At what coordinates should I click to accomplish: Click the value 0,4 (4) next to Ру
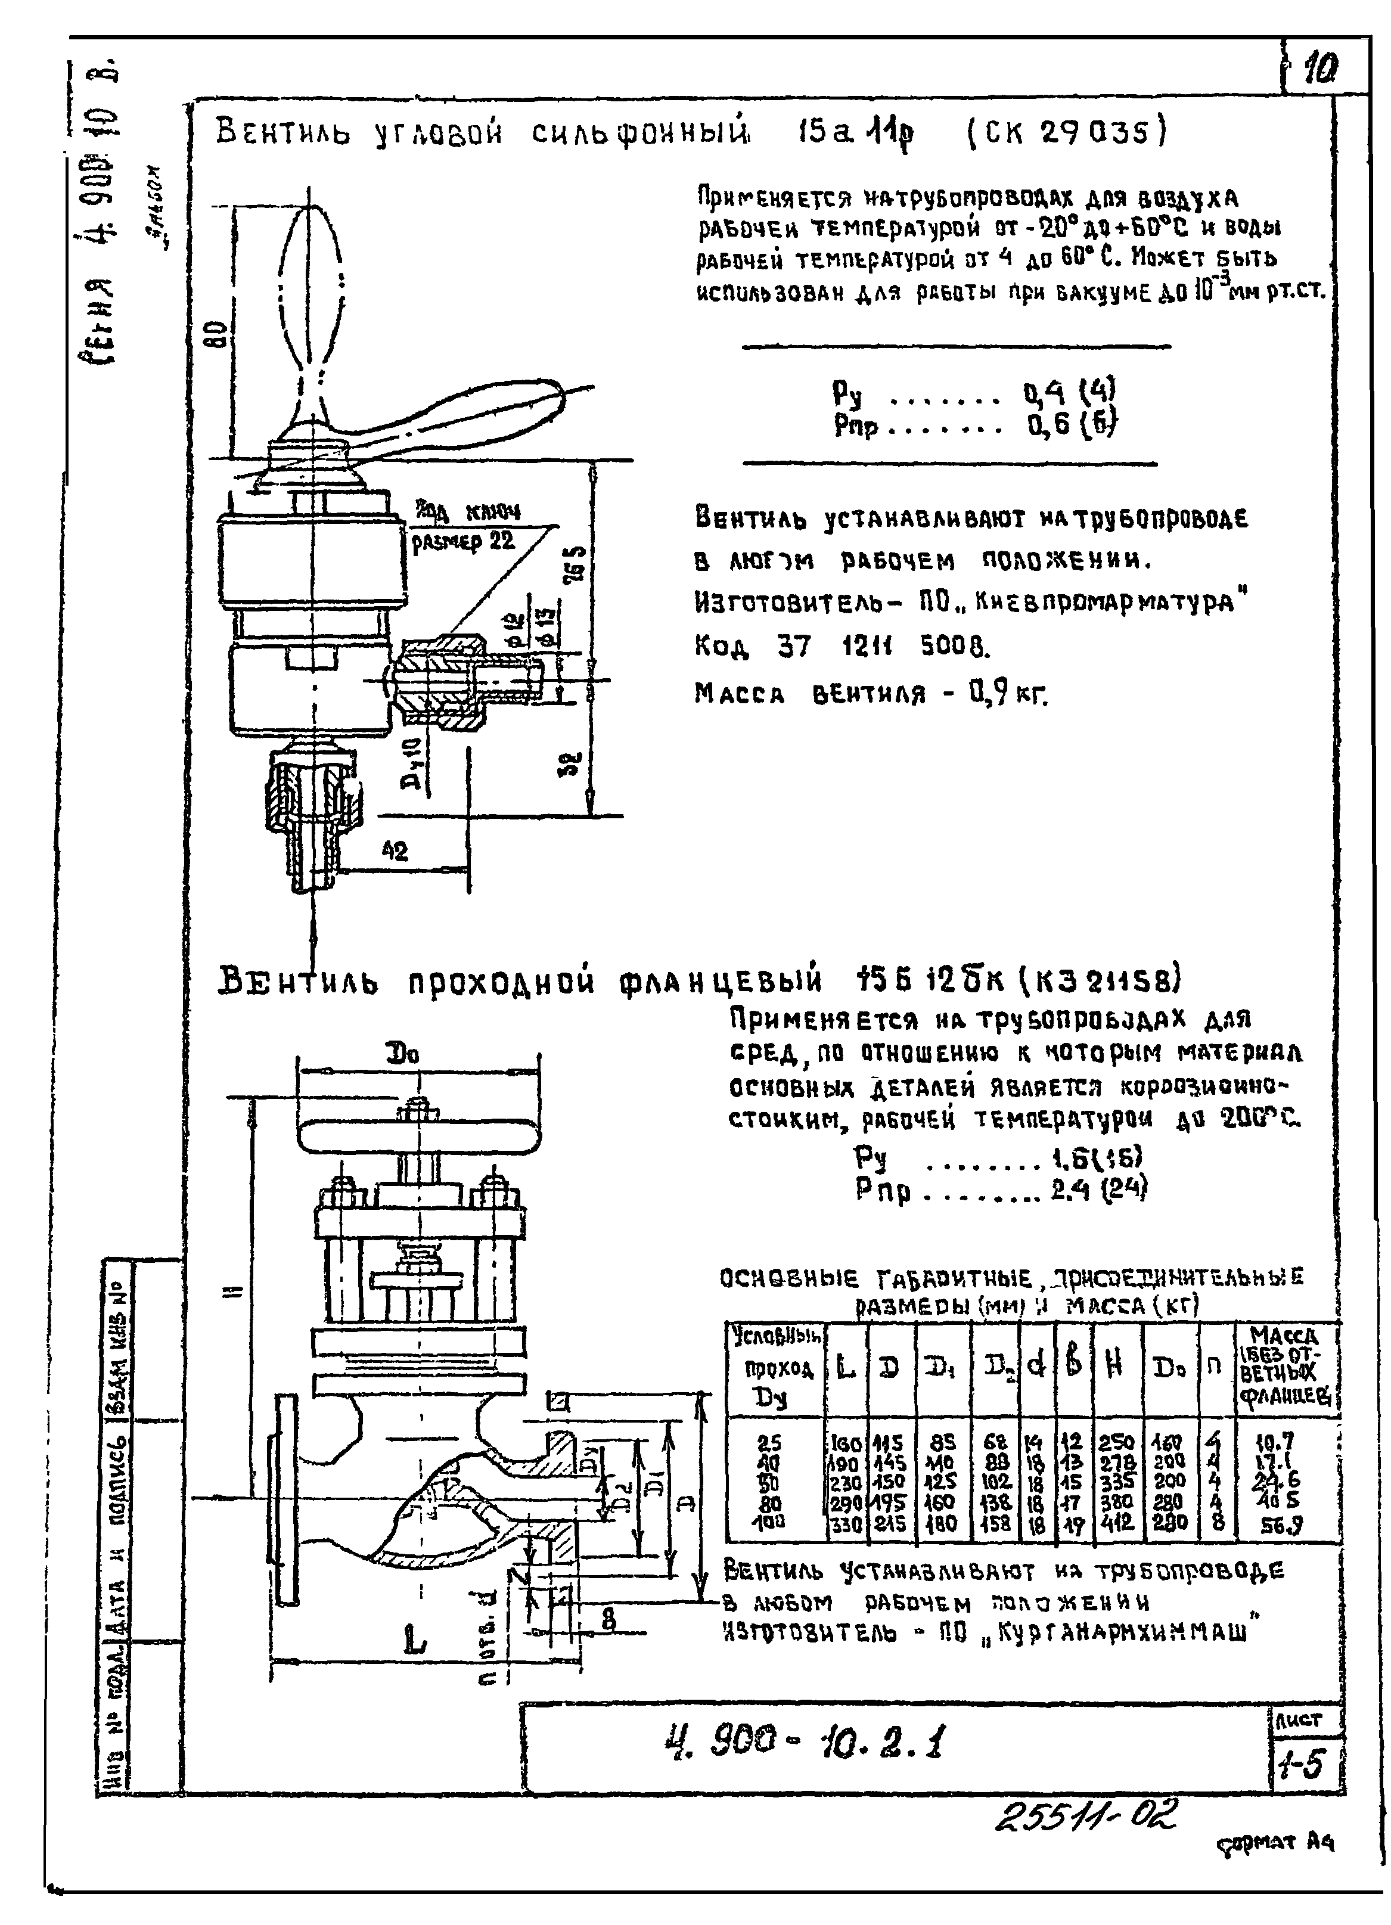[1069, 393]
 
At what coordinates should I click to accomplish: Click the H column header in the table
[1116, 1365]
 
